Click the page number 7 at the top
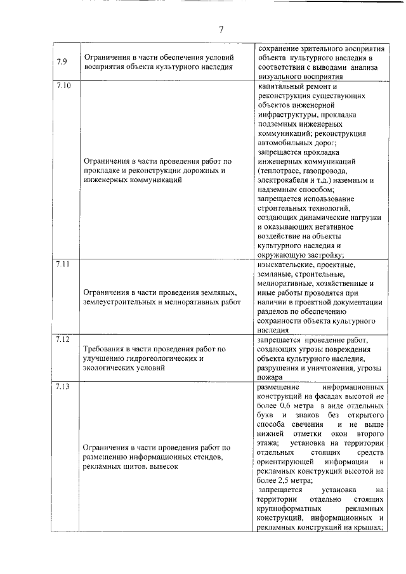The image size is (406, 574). (x=221, y=29)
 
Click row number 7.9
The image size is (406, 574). (x=61, y=62)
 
